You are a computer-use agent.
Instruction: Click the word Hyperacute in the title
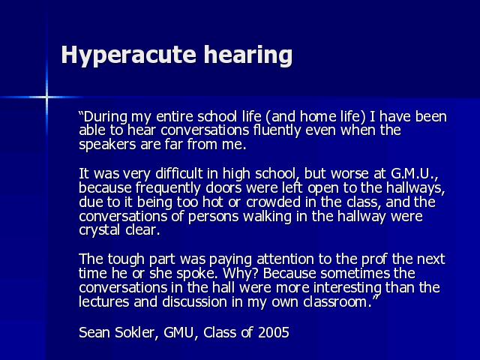[128, 55]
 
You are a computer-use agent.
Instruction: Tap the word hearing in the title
[248, 55]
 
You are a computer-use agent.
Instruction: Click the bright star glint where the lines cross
[46, 97]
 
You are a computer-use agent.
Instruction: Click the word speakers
[107, 145]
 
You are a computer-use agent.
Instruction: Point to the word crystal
[99, 230]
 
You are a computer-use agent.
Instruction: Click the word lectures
[103, 301]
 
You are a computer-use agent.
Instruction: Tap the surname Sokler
[136, 332]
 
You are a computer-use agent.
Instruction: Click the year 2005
[273, 332]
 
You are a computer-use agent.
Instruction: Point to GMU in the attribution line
[179, 333]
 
